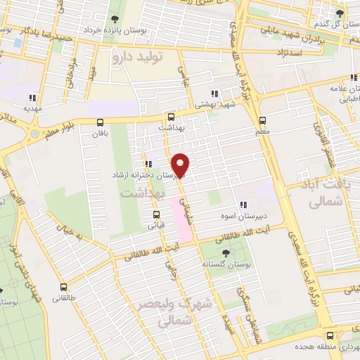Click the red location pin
coord(181,165)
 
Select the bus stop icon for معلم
coord(263,120)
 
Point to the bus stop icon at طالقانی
coord(64,287)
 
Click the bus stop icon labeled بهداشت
coord(171,117)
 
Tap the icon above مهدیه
coord(32,98)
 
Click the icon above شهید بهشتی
coord(215,93)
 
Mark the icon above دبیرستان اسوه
coord(243,205)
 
